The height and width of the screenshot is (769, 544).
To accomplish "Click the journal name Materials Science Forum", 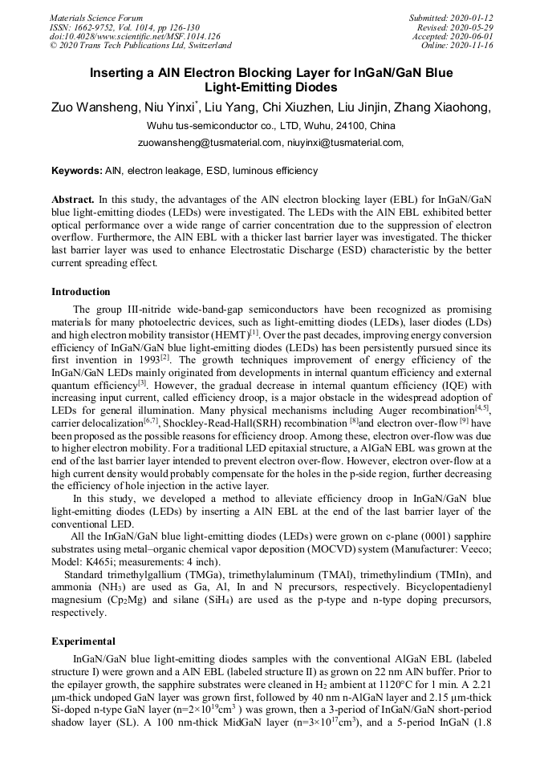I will pyautogui.click(x=96, y=18).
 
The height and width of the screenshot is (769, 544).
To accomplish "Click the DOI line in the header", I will pyautogui.click(x=135, y=36).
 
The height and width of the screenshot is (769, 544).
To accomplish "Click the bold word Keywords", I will pyautogui.click(x=77, y=171).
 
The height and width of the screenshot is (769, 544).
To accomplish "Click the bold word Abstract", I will pyautogui.click(x=73, y=199).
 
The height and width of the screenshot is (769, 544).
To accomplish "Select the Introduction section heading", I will pyautogui.click(x=81, y=292).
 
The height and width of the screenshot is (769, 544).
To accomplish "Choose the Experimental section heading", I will pyautogui.click(x=83, y=642).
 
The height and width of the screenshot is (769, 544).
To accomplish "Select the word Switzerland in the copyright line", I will pyautogui.click(x=204, y=45).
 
